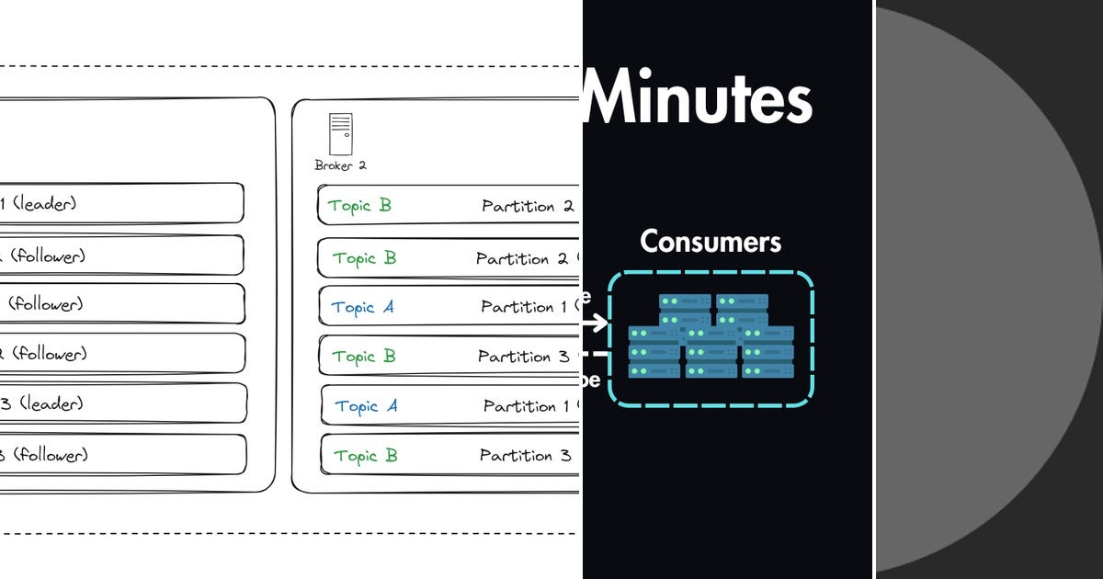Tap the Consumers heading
click(711, 242)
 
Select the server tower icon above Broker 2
click(340, 134)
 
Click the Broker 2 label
click(340, 165)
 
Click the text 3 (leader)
click(41, 403)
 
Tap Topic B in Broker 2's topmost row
click(360, 206)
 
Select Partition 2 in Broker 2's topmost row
click(528, 206)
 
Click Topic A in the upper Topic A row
click(362, 308)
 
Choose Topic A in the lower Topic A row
click(366, 406)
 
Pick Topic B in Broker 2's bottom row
click(365, 456)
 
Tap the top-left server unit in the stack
click(684, 302)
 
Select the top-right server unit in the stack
click(742, 302)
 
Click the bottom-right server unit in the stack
click(768, 369)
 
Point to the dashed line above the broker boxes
click(276, 66)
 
